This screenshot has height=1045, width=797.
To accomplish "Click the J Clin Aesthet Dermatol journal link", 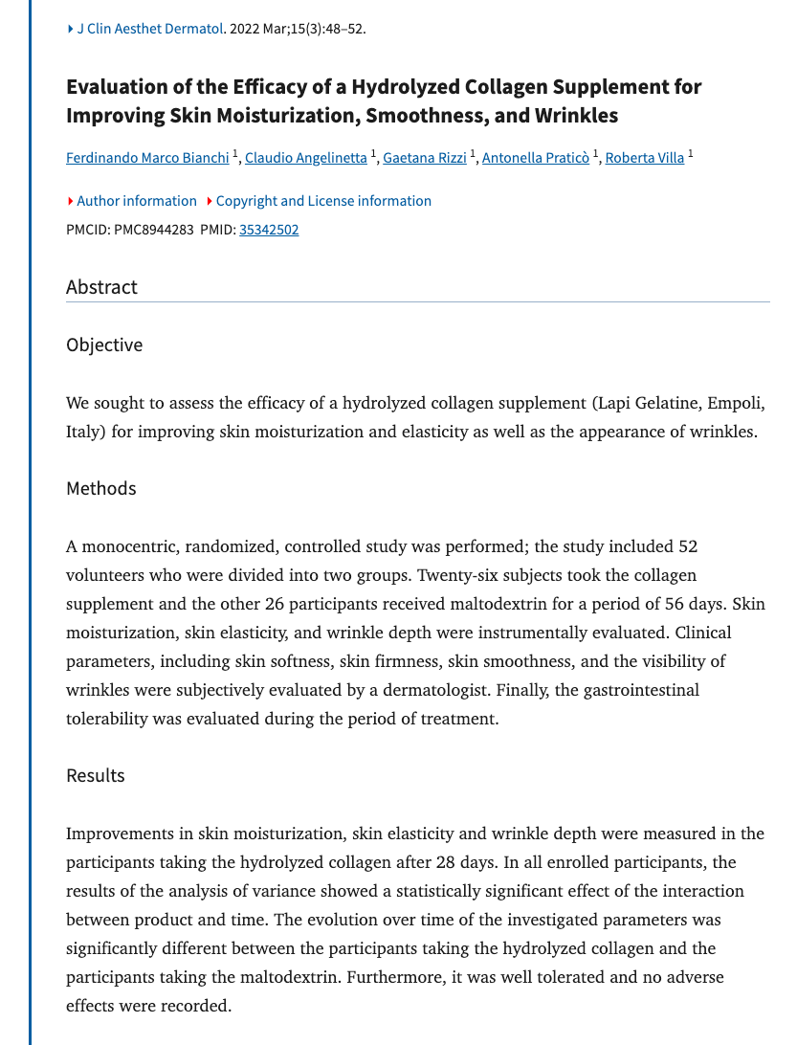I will pos(149,29).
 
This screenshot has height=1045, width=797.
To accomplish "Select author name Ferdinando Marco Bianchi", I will pos(148,158).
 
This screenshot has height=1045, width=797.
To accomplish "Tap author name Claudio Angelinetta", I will pos(306,158).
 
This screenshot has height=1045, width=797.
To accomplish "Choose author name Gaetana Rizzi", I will pos(425,158).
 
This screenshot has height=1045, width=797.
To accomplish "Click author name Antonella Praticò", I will pos(536,158).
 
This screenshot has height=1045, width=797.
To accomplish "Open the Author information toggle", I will pos(136,201).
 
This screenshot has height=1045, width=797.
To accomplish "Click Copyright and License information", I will pos(323,201).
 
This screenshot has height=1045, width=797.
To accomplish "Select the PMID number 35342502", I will pos(269,230).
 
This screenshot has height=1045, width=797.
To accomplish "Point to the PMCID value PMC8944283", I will pos(153,230).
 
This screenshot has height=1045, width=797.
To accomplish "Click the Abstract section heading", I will pos(101,287).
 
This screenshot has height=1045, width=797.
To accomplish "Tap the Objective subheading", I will pos(104,345).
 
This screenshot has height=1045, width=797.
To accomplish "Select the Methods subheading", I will pos(101,489).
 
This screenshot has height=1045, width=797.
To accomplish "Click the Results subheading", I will pos(96,775).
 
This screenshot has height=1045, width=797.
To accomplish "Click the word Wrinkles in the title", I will pos(571,116).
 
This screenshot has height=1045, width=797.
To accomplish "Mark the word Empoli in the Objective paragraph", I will pos(736,403).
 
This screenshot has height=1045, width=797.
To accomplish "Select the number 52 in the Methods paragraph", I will pos(687,546).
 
